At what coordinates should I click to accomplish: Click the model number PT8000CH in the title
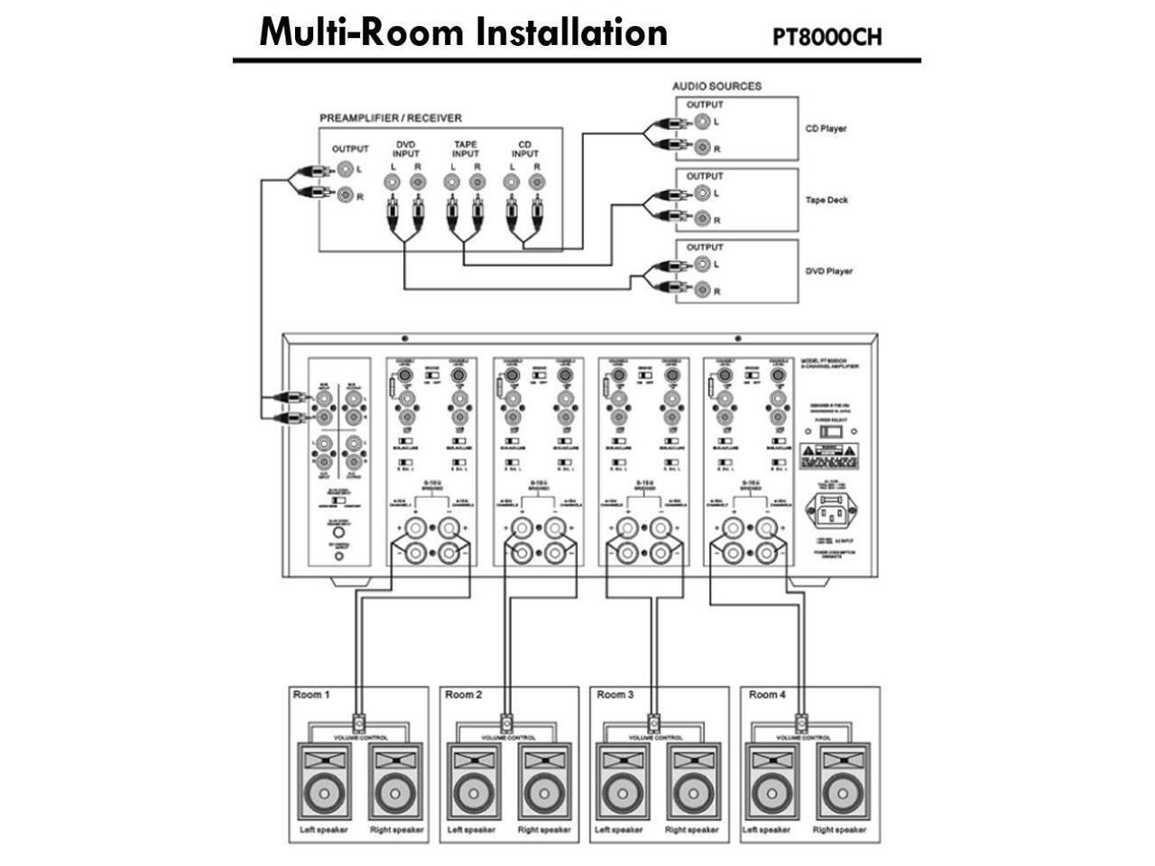point(827,37)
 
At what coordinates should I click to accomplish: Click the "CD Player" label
point(826,129)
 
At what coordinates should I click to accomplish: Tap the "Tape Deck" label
point(827,200)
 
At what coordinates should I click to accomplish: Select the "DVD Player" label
point(828,272)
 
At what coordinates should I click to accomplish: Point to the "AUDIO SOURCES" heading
point(716,87)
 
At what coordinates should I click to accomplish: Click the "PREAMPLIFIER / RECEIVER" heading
point(391,118)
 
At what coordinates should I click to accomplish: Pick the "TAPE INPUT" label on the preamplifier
point(465,149)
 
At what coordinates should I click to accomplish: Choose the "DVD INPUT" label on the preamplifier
point(406,149)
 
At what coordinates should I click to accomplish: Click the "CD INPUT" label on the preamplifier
point(524,149)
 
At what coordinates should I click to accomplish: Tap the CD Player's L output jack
point(701,121)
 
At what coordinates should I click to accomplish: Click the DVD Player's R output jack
point(701,290)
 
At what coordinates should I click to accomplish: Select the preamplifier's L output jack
point(345,169)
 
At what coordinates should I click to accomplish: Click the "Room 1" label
point(311,695)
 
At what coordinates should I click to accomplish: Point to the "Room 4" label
point(767,695)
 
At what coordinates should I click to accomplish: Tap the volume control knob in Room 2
point(507,723)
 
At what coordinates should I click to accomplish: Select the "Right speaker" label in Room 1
point(396,830)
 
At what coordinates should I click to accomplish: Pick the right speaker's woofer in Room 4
point(841,796)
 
